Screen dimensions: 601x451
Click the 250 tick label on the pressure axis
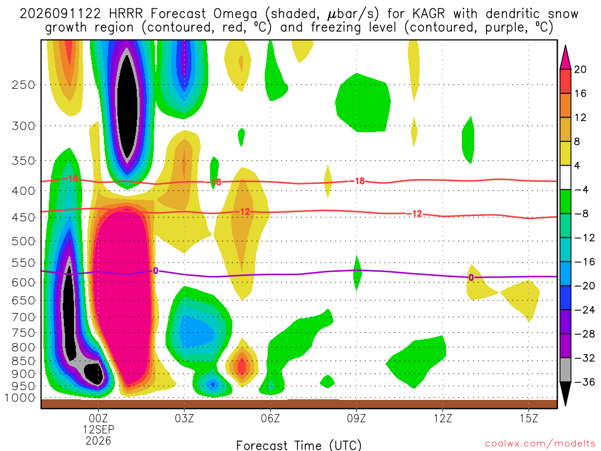point(23,85)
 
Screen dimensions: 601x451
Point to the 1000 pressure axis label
point(20,398)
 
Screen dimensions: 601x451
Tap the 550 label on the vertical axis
point(23,262)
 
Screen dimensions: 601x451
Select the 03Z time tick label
point(184,418)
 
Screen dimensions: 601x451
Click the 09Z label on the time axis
point(356,418)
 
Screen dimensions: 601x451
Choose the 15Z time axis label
point(529,418)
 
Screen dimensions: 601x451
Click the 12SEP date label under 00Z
point(99,429)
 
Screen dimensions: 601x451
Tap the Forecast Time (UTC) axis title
point(299,445)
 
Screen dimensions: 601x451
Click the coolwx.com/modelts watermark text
point(540,444)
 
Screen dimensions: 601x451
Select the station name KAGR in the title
point(429,14)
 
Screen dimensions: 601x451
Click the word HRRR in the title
point(126,14)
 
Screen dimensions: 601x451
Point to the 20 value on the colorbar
point(580,69)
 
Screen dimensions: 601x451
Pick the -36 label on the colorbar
point(585,382)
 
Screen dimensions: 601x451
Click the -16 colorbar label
point(585,262)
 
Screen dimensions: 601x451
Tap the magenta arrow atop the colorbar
point(565,57)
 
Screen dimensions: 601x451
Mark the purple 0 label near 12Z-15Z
point(471,278)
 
